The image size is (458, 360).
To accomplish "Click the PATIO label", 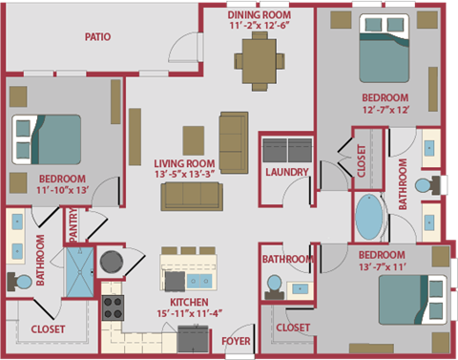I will tap(97, 38).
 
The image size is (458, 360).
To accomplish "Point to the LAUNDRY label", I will tap(287, 173).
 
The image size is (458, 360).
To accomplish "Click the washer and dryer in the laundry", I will tap(287, 151).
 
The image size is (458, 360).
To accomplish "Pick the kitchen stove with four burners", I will tap(114, 307).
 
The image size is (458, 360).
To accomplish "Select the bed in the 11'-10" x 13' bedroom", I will tap(46, 138).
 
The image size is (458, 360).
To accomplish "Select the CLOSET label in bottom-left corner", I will tap(48, 329).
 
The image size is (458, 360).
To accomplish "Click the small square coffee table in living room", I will tap(194, 136).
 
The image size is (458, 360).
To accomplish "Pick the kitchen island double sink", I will tap(200, 282).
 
